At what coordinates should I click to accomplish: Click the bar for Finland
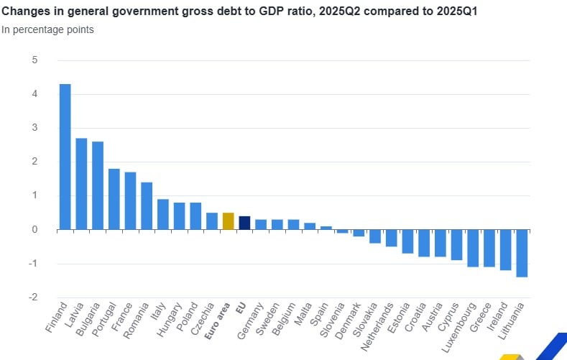pos(65,157)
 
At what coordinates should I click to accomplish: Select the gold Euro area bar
pos(228,221)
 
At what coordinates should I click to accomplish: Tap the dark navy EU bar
pos(244,223)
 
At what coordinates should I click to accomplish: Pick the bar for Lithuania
pos(522,253)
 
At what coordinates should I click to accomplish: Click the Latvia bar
pos(81,184)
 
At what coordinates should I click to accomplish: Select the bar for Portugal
pos(114,199)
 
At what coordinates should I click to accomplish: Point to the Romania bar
pos(147,206)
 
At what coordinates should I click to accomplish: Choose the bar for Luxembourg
pos(473,248)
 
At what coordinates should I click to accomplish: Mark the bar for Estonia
pos(407,241)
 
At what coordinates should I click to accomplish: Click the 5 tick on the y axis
pos(34,60)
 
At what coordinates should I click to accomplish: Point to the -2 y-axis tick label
pos(32,297)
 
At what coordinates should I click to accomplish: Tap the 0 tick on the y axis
pos(34,230)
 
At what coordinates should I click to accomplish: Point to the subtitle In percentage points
pos(47,29)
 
